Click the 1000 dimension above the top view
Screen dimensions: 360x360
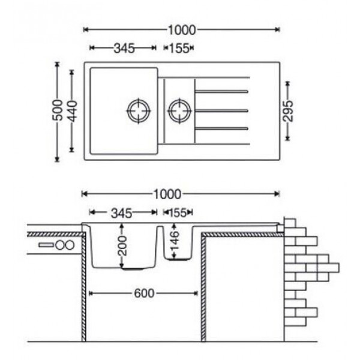(182, 30)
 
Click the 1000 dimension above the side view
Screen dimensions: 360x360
(167, 194)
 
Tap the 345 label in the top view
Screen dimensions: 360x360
(124, 48)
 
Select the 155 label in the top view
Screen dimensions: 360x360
(179, 48)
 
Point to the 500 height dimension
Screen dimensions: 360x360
(58, 110)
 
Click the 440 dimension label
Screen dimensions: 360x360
(73, 111)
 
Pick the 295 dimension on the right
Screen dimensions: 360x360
(288, 111)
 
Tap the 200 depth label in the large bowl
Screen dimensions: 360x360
(122, 246)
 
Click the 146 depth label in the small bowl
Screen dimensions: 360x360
(175, 240)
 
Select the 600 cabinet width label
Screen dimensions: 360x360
(144, 293)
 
